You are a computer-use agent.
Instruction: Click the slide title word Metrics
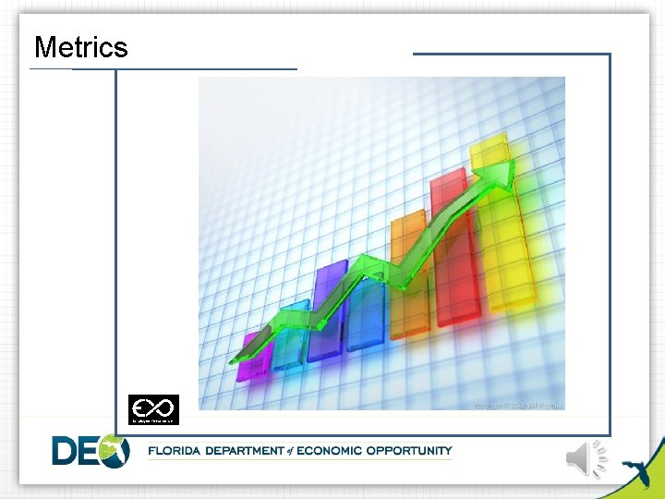pos(81,47)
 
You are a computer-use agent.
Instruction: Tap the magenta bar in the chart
pos(251,359)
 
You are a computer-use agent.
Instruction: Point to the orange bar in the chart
pos(408,277)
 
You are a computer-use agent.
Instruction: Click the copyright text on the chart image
pos(517,405)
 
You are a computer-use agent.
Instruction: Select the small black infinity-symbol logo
pos(153,409)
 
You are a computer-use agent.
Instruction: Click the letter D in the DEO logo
pos(67,451)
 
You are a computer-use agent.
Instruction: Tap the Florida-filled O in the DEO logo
pos(114,451)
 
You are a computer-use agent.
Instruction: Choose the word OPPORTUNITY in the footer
pos(409,451)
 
